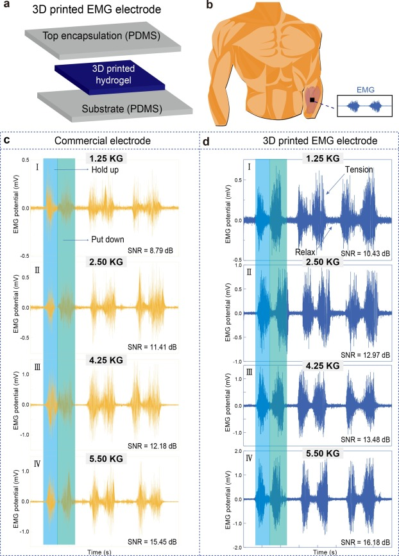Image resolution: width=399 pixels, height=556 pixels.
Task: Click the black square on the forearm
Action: tap(312, 100)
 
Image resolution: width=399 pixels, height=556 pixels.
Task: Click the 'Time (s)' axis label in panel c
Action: tap(106, 551)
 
